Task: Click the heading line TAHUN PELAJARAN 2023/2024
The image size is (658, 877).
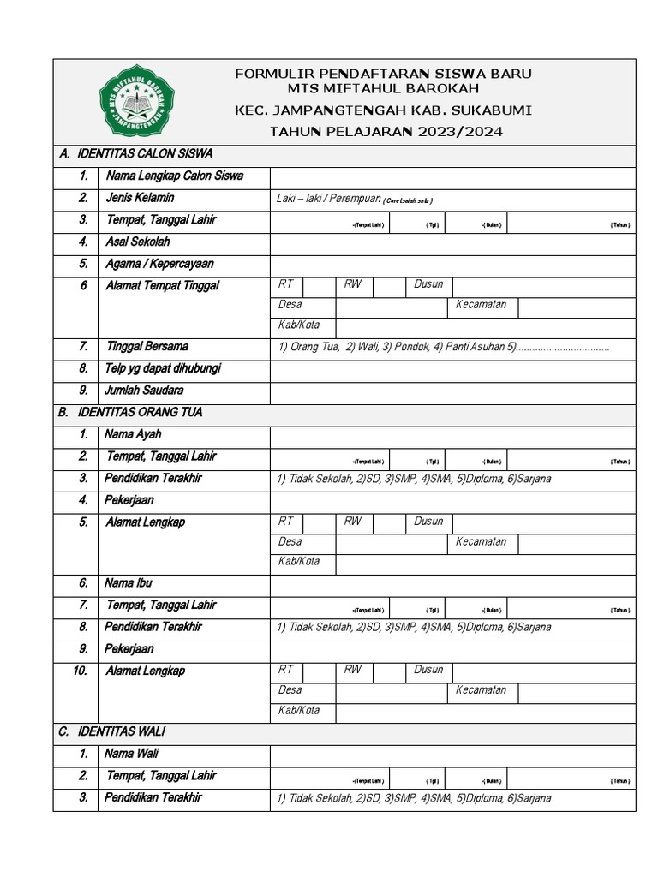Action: point(386,132)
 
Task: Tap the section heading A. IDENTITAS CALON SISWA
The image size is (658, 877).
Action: point(135,154)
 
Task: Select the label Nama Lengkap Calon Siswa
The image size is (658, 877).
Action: point(174,176)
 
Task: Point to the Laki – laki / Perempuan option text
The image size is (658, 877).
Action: point(328,199)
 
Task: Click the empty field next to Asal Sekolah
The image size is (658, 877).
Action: point(452,243)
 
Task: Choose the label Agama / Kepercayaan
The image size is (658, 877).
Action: point(159,265)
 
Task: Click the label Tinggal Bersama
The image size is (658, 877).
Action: point(147,347)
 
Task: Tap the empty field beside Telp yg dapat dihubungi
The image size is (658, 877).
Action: point(452,370)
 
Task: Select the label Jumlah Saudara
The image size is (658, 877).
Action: point(144,391)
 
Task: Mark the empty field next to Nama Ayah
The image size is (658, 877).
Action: point(452,436)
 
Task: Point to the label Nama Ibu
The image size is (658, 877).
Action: point(129,583)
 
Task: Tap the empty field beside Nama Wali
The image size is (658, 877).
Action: point(452,755)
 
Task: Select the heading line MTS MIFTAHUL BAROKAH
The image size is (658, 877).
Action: point(384,89)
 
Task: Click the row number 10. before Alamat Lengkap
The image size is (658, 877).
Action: point(80,671)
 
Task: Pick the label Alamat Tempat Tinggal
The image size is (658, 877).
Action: point(162,286)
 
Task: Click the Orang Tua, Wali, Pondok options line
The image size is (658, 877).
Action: point(443,347)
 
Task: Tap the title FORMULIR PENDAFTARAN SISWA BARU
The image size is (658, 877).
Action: point(384,74)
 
